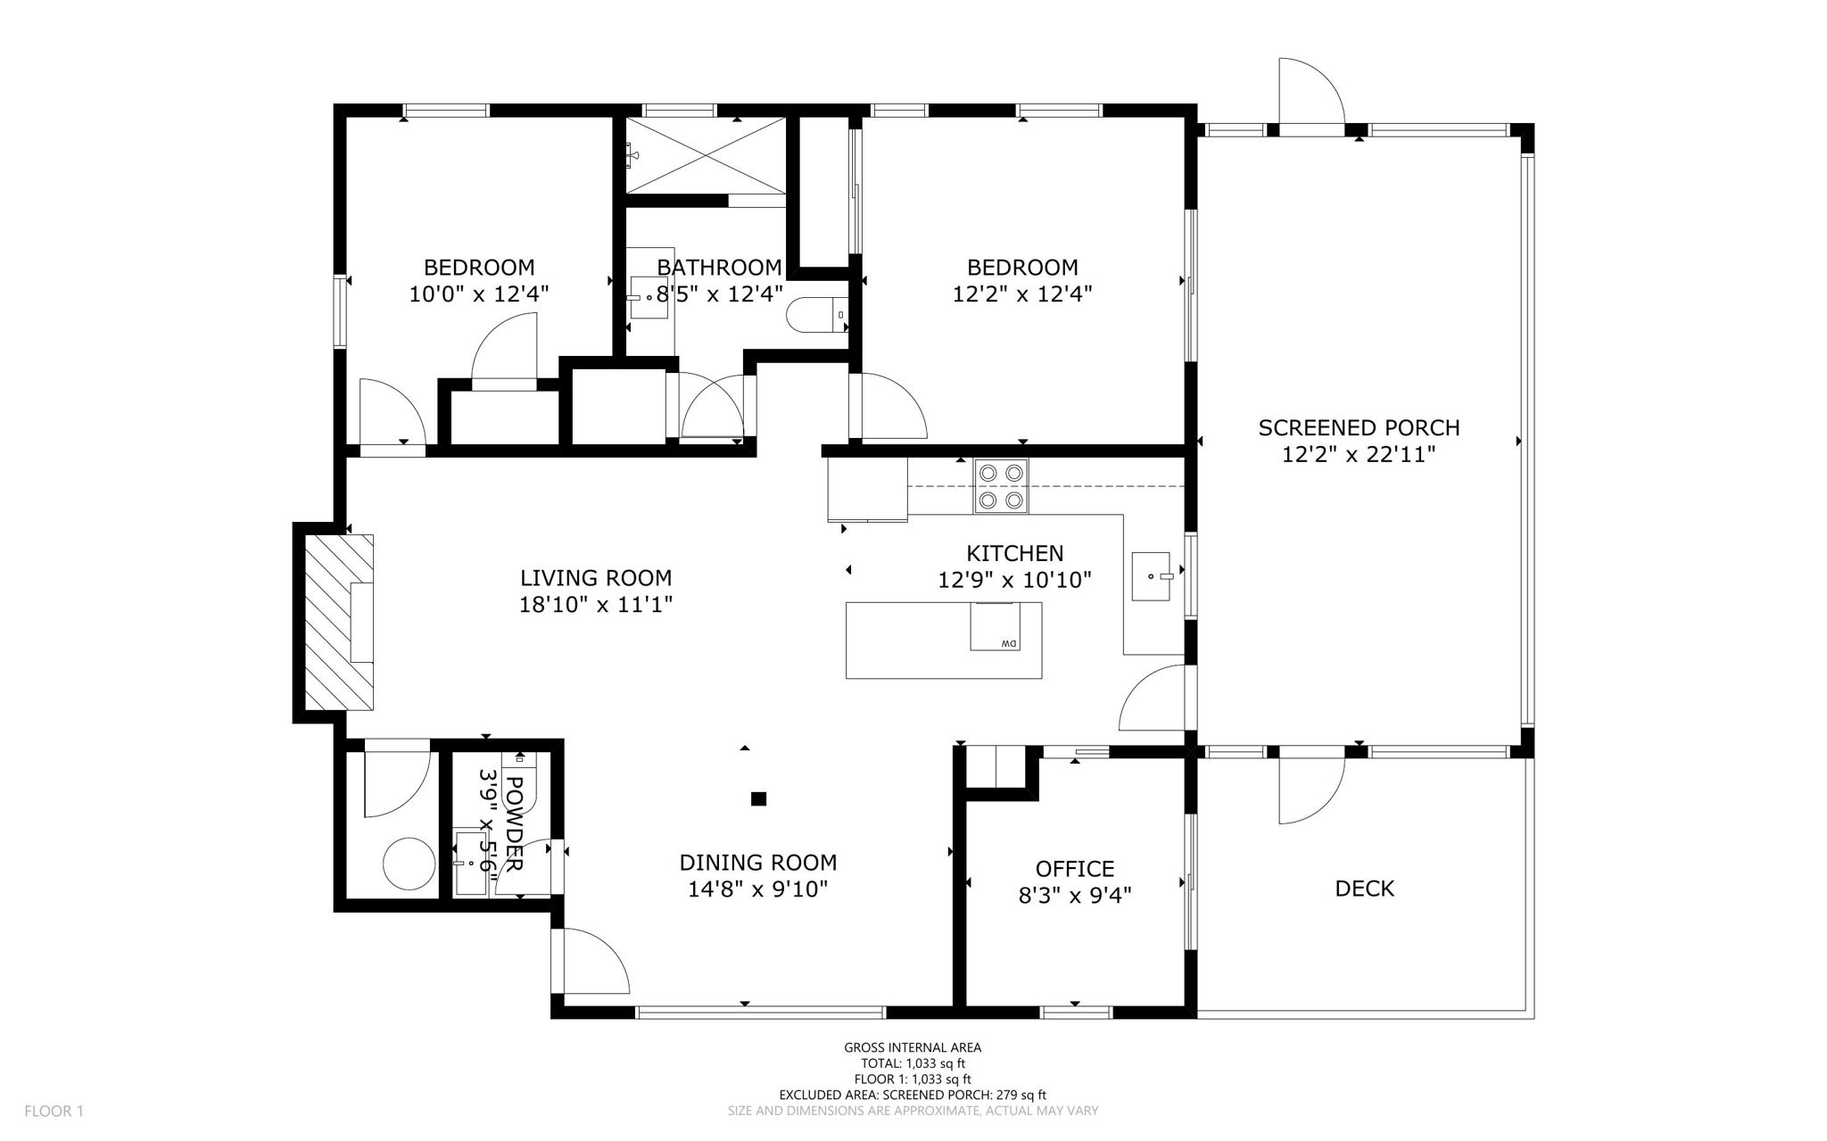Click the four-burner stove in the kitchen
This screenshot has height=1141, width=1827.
click(1000, 486)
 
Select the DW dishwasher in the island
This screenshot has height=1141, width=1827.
click(996, 626)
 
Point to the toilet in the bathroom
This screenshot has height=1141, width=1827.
click(817, 315)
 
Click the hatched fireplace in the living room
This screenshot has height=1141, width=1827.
click(339, 622)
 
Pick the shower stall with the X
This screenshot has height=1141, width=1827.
click(706, 155)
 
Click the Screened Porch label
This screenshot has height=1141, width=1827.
click(1359, 427)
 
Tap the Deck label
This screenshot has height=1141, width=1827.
click(1364, 888)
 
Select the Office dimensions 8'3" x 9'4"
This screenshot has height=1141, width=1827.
click(1075, 895)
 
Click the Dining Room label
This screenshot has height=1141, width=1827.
click(758, 863)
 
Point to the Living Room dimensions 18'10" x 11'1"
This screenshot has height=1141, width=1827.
click(596, 605)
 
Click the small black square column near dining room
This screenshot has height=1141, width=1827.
click(758, 798)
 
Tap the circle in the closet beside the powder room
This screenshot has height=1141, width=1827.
click(409, 863)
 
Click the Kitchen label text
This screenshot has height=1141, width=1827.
click(1015, 554)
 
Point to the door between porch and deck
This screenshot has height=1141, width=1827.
click(1311, 790)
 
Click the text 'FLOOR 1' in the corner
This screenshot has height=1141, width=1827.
click(54, 1112)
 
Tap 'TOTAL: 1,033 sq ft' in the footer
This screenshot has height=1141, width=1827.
click(913, 1063)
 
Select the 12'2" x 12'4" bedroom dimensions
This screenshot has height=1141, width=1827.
click(1022, 294)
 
